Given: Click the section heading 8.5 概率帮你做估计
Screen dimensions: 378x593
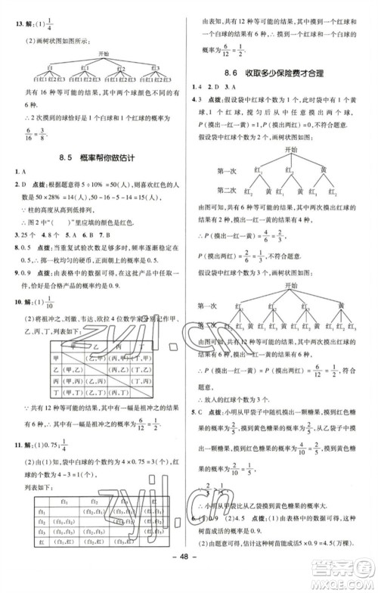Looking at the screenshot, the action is coord(96,157).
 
